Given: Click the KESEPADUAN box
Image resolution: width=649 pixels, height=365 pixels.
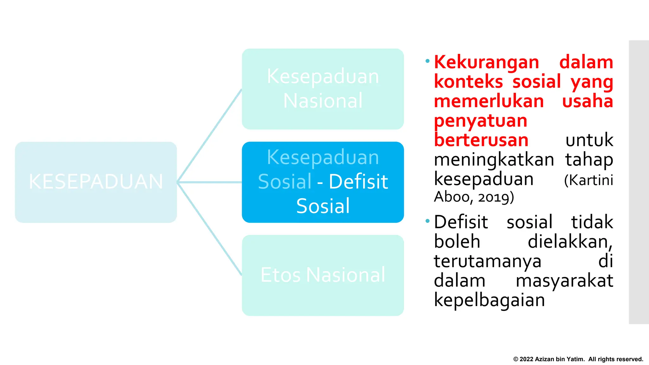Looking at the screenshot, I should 96,182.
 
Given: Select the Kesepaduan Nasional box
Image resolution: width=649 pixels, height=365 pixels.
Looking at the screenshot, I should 323,89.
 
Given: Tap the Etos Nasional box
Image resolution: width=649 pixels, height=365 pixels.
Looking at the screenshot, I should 323,275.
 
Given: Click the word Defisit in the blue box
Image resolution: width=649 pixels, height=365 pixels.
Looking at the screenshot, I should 358,182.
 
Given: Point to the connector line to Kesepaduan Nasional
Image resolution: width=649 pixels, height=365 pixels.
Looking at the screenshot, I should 209,136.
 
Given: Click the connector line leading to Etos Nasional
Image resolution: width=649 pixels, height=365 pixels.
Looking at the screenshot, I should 209,229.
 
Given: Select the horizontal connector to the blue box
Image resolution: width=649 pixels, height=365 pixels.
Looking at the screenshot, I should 209,182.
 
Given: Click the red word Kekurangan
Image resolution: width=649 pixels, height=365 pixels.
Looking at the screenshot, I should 486,62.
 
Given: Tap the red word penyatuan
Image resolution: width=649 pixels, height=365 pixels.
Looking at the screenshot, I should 480,121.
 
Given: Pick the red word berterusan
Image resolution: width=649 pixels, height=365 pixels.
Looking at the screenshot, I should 481,140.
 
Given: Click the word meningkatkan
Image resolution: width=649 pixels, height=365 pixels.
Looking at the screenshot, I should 494,160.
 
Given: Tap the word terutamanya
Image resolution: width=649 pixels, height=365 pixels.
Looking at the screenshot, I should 487,261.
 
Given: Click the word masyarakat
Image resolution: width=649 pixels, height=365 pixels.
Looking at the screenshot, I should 564,281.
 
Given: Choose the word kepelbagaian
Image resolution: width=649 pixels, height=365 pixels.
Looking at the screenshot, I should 489,300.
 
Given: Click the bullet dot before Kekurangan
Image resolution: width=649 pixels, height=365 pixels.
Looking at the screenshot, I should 427,61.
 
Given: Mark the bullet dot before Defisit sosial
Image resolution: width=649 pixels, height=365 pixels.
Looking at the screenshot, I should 427,221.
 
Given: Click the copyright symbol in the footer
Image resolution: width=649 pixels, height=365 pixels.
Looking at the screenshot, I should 516,359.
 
